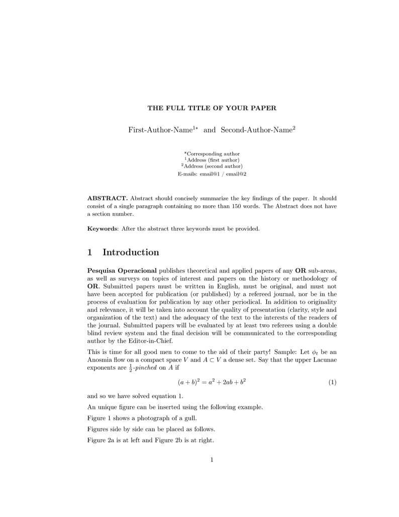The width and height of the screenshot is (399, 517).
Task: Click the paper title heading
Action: click(212, 108)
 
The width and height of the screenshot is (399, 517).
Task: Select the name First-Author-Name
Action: click(160, 130)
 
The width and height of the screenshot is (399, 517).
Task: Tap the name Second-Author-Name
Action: click(256, 130)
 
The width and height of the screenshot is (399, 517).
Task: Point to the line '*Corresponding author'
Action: click(212, 154)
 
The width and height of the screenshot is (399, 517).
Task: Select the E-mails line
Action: click(212, 174)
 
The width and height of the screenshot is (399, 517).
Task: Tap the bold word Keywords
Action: click(102, 229)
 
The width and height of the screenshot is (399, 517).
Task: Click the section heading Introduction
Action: click(131, 252)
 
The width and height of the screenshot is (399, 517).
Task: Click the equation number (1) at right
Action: click(332, 382)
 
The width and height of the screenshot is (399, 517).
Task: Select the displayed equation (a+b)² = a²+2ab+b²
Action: click(212, 382)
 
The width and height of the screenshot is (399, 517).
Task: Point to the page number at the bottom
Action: click(212, 459)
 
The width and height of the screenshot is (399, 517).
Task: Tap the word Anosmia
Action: click(102, 360)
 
